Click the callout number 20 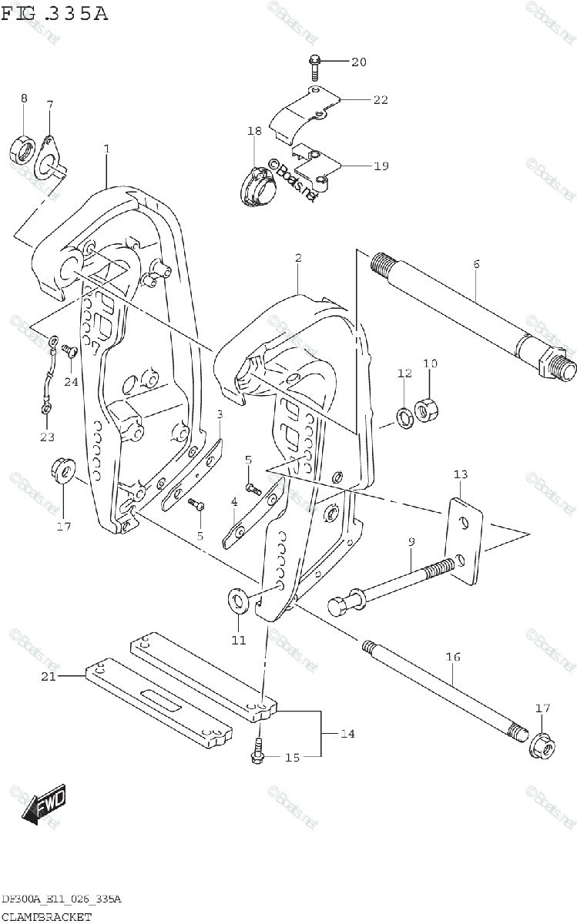[359, 62]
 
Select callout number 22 [381, 99]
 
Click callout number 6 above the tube [476, 264]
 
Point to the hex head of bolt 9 [339, 605]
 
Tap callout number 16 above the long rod [452, 657]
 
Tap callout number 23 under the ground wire [48, 437]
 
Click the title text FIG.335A [55, 14]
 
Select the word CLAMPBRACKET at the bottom [46, 916]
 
